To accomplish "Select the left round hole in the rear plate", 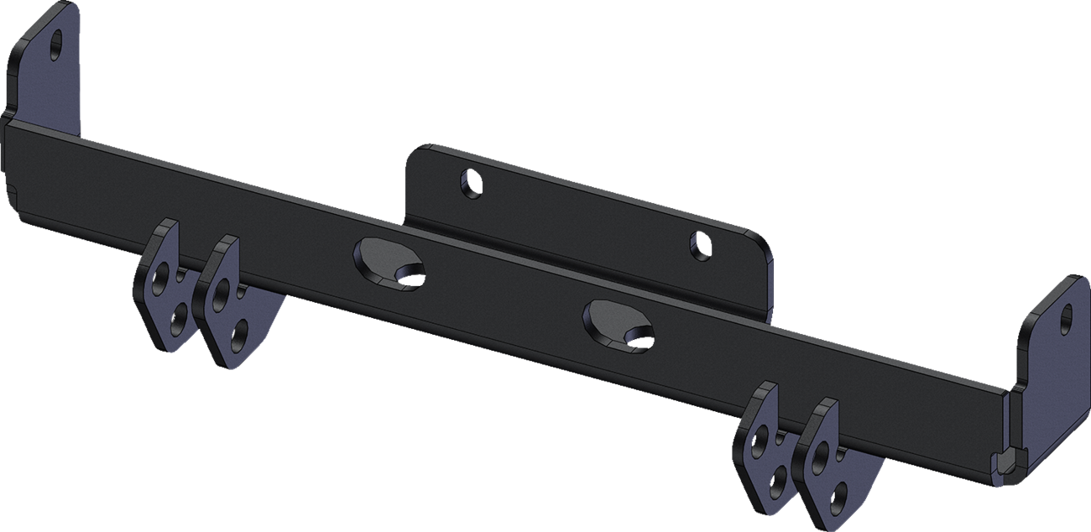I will coord(472,182).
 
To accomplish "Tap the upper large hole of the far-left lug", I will coord(160,277).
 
